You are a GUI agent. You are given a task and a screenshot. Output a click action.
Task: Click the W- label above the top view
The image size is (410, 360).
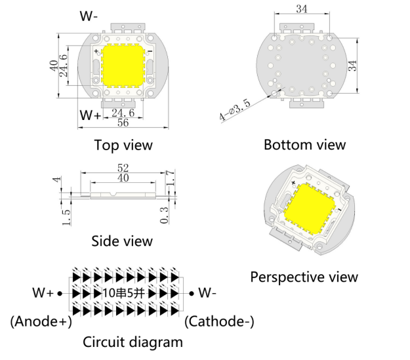coord(89,16)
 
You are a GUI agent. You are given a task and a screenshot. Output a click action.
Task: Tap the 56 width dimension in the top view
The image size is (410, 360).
coord(123,123)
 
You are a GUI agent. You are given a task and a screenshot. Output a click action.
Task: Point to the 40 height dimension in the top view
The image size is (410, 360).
coord(53,66)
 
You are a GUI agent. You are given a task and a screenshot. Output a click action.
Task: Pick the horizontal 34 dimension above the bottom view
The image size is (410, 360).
coord(302,9)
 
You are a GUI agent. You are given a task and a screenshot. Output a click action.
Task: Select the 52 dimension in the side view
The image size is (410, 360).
coord(123,169)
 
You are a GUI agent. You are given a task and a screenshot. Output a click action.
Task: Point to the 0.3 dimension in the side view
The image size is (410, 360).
coord(164,213)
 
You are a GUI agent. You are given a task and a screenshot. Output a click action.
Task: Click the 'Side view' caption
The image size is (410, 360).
coord(122,241)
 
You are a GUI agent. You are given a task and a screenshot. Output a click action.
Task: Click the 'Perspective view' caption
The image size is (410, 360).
coord(304,277)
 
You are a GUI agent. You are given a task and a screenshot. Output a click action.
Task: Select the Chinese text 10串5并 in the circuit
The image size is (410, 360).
coord(123,293)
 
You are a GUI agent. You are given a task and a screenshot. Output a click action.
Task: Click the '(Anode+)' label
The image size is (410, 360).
coord(41,321)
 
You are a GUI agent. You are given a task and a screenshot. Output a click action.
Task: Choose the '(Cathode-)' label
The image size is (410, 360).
coord(220,321)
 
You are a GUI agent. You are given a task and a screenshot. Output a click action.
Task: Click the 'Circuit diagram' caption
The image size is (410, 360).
coord(133,342)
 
